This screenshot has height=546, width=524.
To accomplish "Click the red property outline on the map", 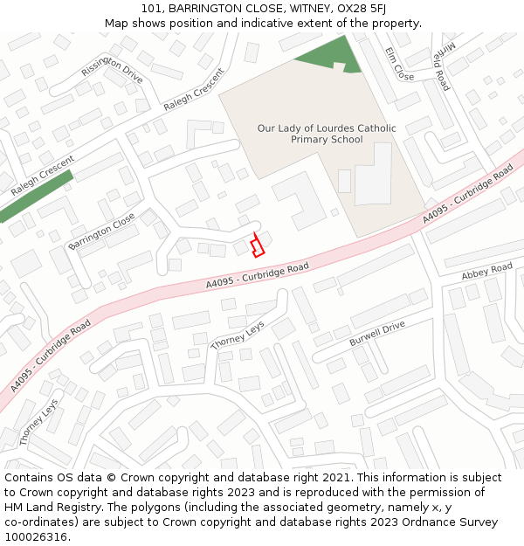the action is coord(257,245).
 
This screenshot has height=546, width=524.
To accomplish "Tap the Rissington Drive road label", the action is coord(112,69).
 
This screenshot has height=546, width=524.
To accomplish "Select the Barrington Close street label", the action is coord(101,231).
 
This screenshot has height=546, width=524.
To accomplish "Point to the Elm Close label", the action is coord(399,65).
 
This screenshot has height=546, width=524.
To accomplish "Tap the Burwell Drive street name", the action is coord(377,333).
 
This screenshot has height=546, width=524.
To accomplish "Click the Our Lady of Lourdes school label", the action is coord(326,134).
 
